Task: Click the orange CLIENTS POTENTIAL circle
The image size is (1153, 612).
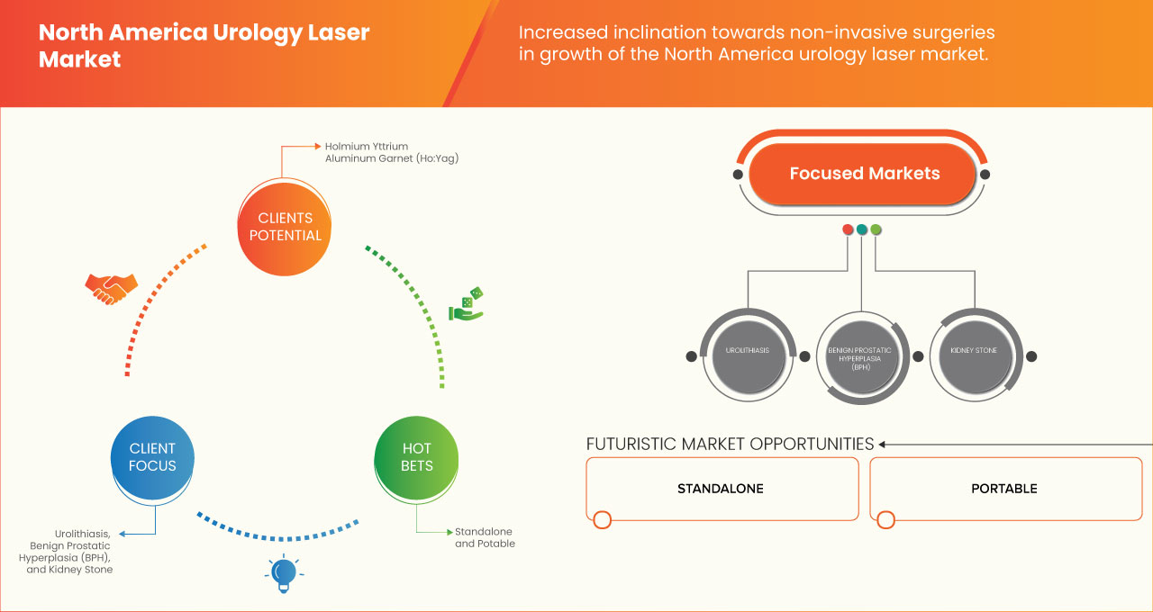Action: (x=285, y=227)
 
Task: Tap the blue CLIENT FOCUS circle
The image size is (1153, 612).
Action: (x=153, y=457)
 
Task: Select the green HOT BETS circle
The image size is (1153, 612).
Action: (x=417, y=457)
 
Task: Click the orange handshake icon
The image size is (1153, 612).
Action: (x=111, y=288)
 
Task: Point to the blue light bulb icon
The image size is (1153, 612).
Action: (x=284, y=573)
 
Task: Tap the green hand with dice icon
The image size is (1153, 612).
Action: (x=467, y=304)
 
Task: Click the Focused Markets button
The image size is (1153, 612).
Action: (x=864, y=174)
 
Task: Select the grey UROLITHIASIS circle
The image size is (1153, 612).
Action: (x=747, y=350)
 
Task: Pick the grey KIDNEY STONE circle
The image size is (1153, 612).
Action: (x=974, y=350)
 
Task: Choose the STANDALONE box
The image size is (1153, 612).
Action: (x=721, y=489)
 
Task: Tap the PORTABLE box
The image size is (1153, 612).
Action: (x=1004, y=489)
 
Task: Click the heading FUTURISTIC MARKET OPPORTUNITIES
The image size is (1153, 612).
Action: (x=730, y=444)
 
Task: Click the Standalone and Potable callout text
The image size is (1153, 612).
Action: (x=485, y=537)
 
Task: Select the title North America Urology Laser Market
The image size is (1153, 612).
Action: (x=204, y=46)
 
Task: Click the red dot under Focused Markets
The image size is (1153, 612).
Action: (x=848, y=229)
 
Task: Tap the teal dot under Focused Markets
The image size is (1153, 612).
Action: (x=862, y=229)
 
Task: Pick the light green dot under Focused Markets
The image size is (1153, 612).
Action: (x=876, y=229)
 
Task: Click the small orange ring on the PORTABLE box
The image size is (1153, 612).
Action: (x=886, y=519)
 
